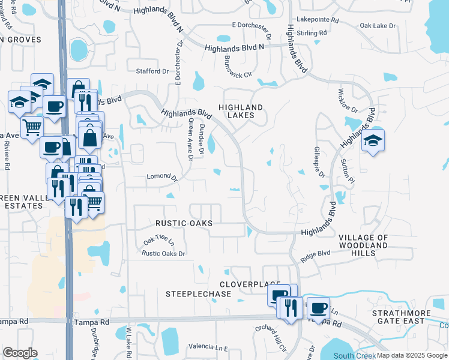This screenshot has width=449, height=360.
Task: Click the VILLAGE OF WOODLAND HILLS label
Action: [x=364, y=245]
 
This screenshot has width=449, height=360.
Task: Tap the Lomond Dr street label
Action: [x=163, y=178]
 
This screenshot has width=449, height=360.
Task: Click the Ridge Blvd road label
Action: [x=316, y=256]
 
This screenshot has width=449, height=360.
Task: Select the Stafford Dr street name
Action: [x=152, y=71]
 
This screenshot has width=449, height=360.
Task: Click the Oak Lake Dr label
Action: [x=378, y=26]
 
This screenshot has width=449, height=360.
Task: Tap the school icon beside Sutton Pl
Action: [x=373, y=142]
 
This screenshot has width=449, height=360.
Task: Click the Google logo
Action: [x=20, y=353]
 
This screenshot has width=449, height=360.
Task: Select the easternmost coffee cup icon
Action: [x=318, y=308]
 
